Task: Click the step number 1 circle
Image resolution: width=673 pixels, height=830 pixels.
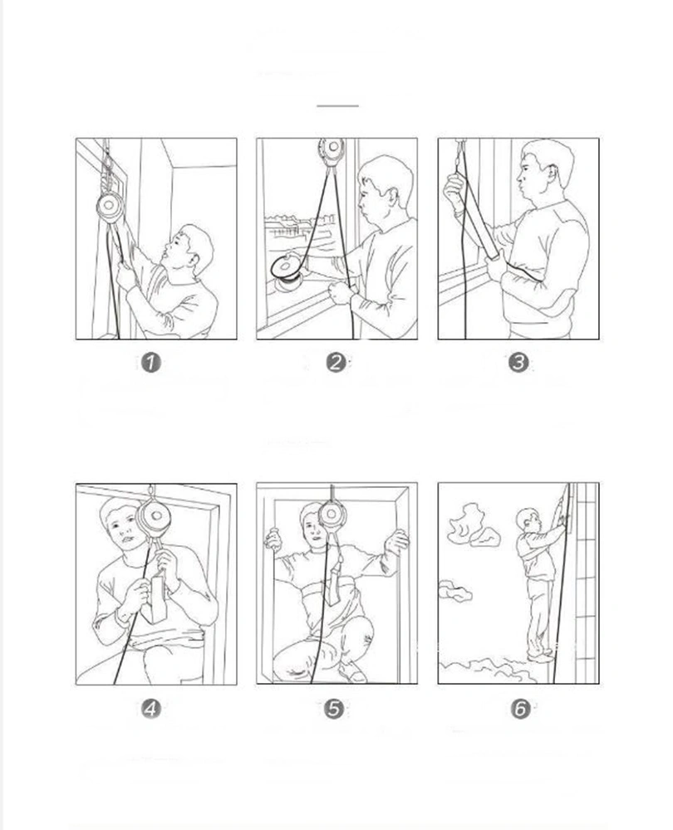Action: (150, 364)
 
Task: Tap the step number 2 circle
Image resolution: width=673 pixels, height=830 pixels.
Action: (336, 364)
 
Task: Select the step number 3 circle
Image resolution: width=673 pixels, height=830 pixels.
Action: (518, 364)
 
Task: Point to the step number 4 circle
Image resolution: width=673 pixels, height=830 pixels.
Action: (150, 708)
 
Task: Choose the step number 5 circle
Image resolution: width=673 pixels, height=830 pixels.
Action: (334, 708)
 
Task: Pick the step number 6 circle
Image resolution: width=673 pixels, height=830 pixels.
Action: (520, 708)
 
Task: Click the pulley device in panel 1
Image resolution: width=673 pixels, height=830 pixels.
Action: (110, 207)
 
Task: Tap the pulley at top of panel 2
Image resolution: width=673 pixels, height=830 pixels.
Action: (332, 151)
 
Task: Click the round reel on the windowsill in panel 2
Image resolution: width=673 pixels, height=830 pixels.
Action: (287, 267)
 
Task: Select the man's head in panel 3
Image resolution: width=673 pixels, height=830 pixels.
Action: (545, 165)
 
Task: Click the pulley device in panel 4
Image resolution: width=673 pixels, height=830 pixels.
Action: (154, 518)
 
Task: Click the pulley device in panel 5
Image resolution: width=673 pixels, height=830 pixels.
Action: (332, 515)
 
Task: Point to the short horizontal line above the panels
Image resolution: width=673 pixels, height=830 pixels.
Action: (337, 106)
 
